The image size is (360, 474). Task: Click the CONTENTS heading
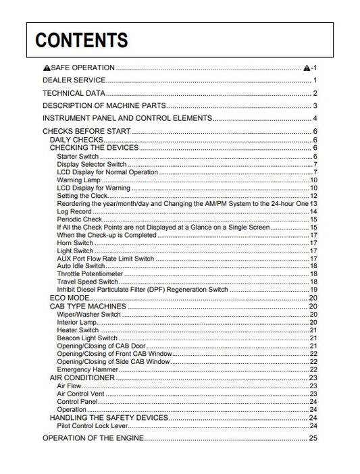pyautogui.click(x=82, y=41)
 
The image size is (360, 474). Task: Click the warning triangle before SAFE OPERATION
pyautogui.click(x=47, y=68)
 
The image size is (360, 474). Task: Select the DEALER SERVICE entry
pyautogui.click(x=74, y=80)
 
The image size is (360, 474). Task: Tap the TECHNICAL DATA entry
pyautogui.click(x=74, y=93)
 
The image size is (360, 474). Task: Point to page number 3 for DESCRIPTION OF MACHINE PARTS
pyautogui.click(x=315, y=106)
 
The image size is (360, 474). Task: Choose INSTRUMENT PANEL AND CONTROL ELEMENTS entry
pyautogui.click(x=127, y=118)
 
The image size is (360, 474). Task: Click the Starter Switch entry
pyautogui.click(x=78, y=157)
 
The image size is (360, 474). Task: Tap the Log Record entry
pyautogui.click(x=74, y=211)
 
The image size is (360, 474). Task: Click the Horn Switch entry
pyautogui.click(x=75, y=243)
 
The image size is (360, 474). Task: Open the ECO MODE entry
pyautogui.click(x=70, y=298)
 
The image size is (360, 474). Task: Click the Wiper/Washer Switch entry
pyautogui.click(x=88, y=315)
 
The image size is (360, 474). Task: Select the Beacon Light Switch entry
pyautogui.click(x=87, y=338)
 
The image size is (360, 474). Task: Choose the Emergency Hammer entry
pyautogui.click(x=83, y=369)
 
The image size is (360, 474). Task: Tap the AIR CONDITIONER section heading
pyautogui.click(x=82, y=377)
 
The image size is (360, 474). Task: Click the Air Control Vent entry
pyautogui.click(x=81, y=394)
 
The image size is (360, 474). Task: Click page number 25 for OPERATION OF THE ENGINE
pyautogui.click(x=313, y=438)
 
